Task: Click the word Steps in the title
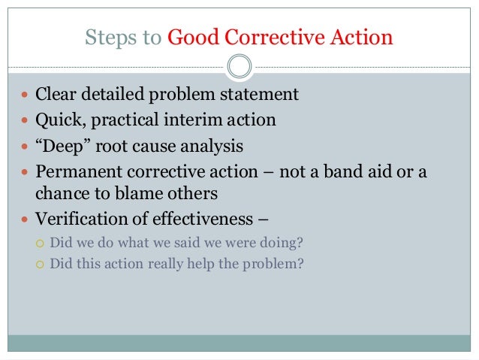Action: click(106, 38)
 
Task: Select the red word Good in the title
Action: click(190, 38)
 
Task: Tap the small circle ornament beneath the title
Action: click(239, 66)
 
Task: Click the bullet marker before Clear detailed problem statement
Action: click(26, 95)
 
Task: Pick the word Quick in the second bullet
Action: click(56, 119)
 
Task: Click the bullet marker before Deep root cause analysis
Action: click(26, 145)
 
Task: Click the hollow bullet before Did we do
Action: click(41, 244)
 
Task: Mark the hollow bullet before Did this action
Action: click(41, 264)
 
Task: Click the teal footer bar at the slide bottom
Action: click(239, 343)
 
